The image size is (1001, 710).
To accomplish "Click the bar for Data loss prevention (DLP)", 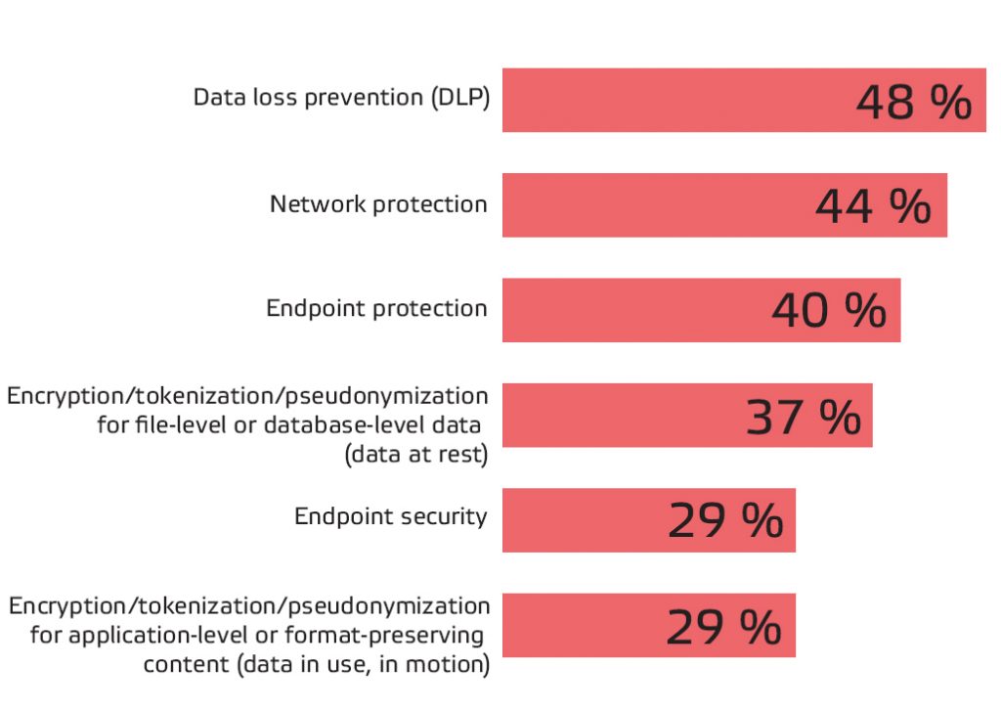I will (x=675, y=100).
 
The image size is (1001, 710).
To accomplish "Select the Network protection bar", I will (x=655, y=205).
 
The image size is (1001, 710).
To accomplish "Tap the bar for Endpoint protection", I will (x=635, y=310).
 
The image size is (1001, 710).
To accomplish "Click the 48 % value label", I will (x=914, y=102).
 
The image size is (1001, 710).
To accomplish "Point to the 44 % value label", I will (x=873, y=206).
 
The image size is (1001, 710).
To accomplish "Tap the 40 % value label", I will (x=829, y=311).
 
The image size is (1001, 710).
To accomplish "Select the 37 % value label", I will (x=804, y=417).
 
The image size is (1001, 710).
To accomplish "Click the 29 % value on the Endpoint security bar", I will (x=725, y=521).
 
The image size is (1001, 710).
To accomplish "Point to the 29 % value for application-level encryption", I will (x=724, y=627).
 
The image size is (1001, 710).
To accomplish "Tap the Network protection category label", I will (x=378, y=204).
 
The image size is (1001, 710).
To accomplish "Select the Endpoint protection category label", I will (x=376, y=309).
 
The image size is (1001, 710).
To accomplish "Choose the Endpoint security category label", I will (x=391, y=516).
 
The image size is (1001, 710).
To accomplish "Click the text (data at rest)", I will (x=416, y=455).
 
